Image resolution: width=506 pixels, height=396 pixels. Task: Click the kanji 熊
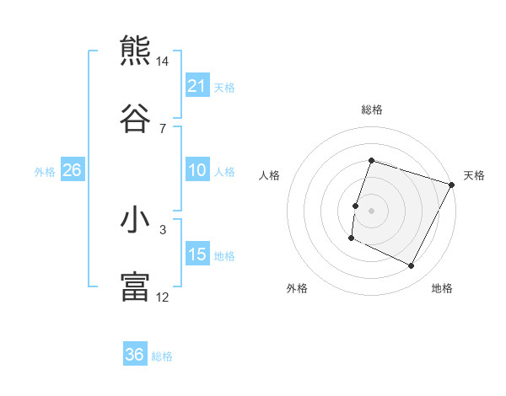135,51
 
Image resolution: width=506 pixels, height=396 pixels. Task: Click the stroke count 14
163,62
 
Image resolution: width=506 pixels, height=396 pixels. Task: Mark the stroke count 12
163,297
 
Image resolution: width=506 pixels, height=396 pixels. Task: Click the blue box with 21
197,86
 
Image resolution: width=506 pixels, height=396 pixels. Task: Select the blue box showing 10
197,170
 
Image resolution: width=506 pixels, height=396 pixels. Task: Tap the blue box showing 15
197,254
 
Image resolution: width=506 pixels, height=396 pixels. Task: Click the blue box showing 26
73,170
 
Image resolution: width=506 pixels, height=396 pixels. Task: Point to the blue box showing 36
135,355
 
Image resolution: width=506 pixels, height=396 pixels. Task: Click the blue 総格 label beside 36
162,356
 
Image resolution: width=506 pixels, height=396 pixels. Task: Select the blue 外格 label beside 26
45,172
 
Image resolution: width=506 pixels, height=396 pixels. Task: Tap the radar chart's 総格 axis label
371,110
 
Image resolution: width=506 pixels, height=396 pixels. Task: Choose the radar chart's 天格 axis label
474,175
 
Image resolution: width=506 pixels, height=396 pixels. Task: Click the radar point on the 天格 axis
452,185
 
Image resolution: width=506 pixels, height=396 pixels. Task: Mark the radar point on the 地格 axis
412,266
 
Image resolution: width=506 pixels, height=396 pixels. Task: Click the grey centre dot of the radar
371,211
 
